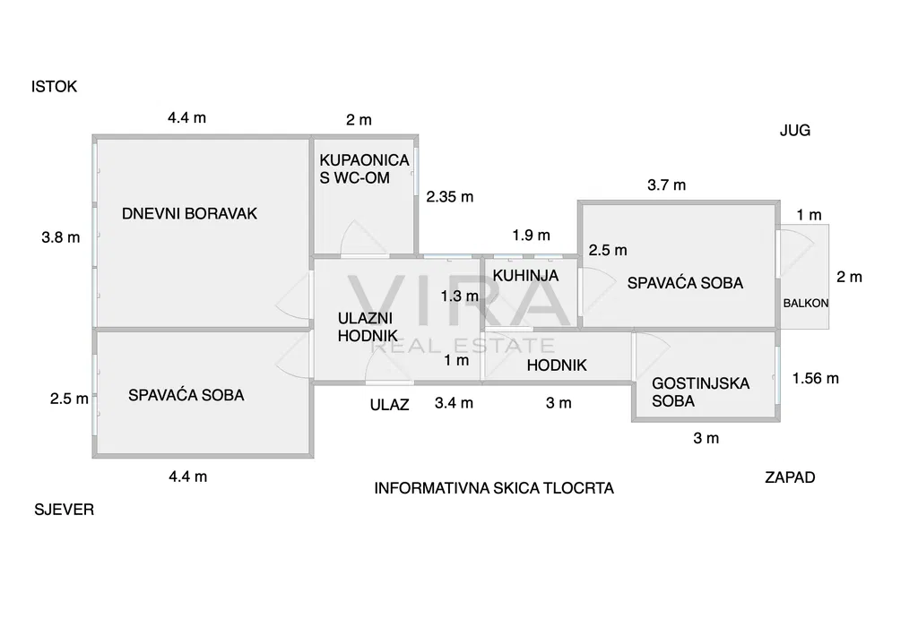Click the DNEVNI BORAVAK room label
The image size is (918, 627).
pyautogui.click(x=189, y=213)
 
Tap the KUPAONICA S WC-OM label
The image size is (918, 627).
pyautogui.click(x=364, y=168)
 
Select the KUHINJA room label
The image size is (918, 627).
pyautogui.click(x=525, y=276)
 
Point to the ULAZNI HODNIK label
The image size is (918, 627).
pyautogui.click(x=367, y=326)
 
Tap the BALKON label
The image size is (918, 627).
pyautogui.click(x=805, y=303)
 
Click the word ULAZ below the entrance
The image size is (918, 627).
pyautogui.click(x=389, y=404)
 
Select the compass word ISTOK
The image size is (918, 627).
pyautogui.click(x=55, y=87)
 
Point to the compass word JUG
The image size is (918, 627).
pyautogui.click(x=794, y=130)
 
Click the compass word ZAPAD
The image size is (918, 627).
pyautogui.click(x=790, y=477)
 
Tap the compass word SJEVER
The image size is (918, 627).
pyautogui.click(x=64, y=510)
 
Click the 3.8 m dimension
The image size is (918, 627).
pyautogui.click(x=61, y=237)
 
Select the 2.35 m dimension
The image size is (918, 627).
pyautogui.click(x=449, y=197)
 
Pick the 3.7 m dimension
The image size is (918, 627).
pyautogui.click(x=666, y=185)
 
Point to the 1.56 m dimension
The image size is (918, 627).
pyautogui.click(x=816, y=378)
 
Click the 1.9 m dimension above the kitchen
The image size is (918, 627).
pyautogui.click(x=531, y=236)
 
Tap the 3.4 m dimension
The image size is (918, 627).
pyautogui.click(x=454, y=403)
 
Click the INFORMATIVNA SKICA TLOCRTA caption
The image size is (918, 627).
pyautogui.click(x=494, y=488)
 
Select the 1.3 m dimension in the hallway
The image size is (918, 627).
pyautogui.click(x=459, y=296)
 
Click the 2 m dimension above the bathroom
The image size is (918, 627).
pyautogui.click(x=359, y=120)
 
